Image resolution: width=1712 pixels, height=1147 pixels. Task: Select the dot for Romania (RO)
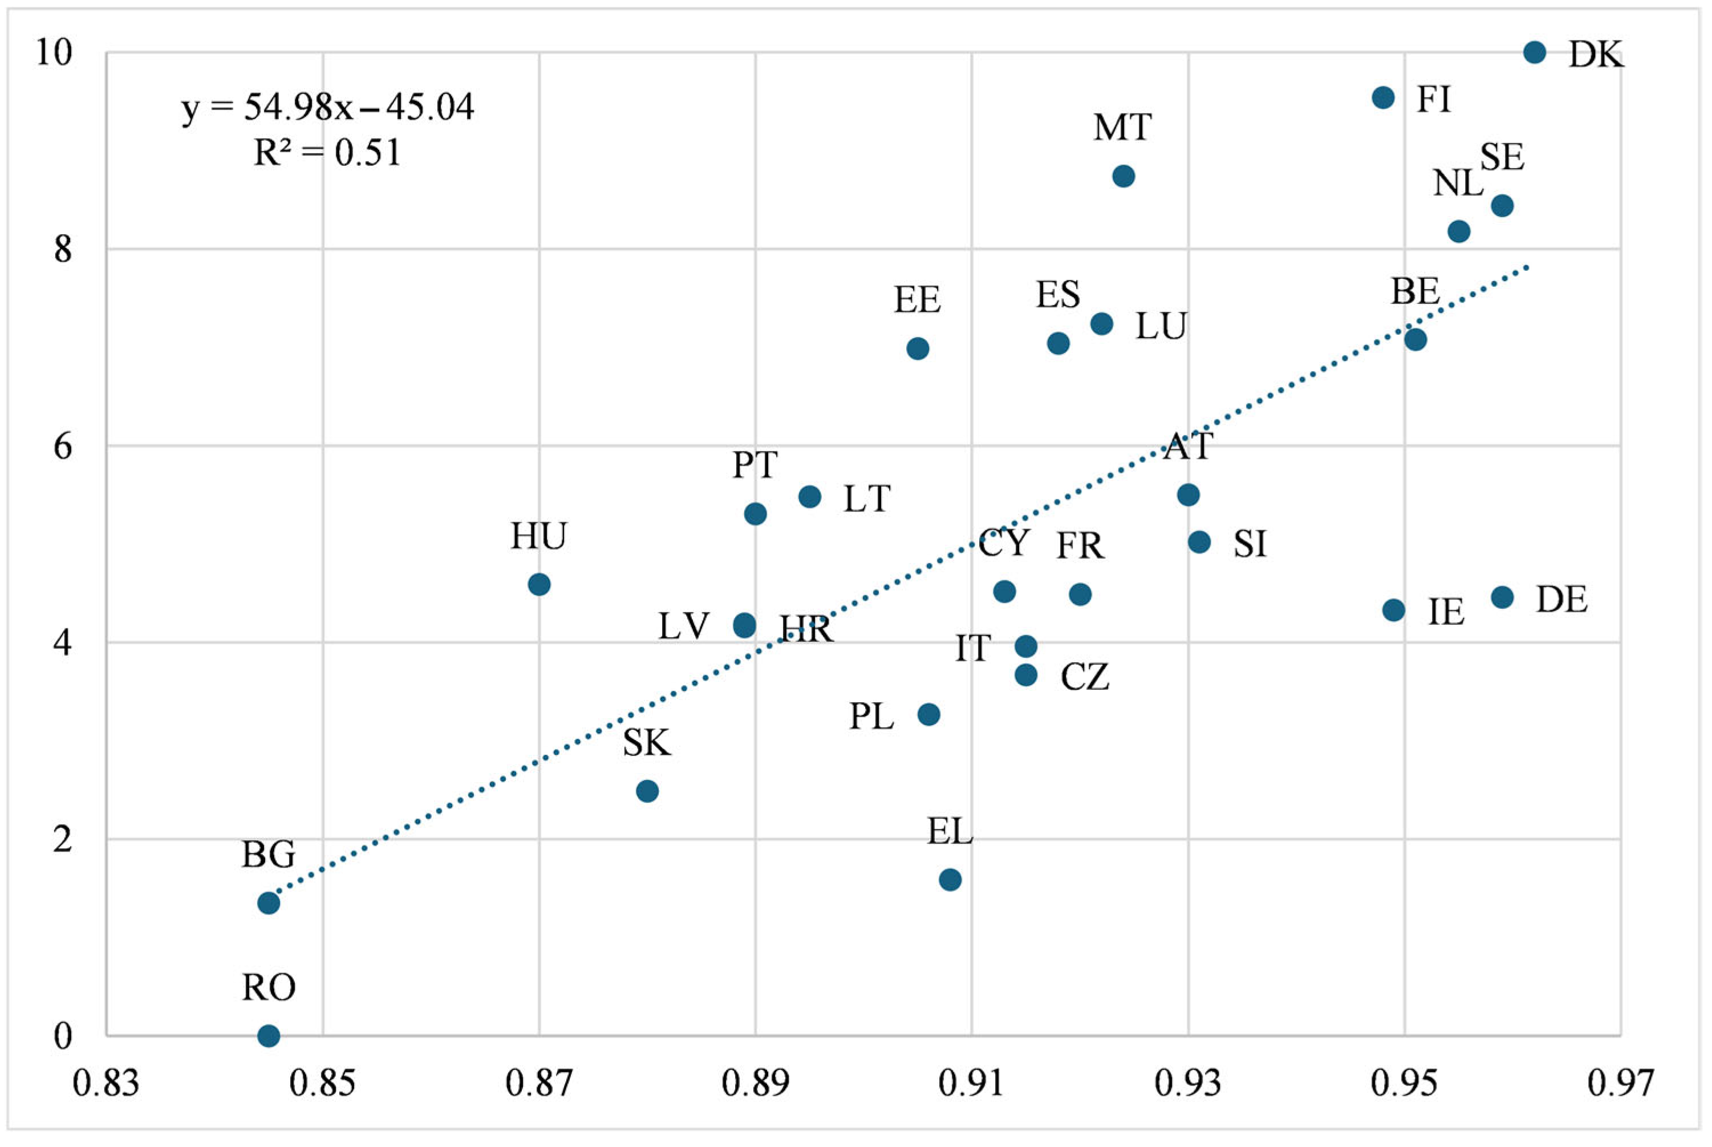pyautogui.click(x=269, y=1035)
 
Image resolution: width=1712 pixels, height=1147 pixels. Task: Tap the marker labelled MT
pyautogui.click(x=1123, y=176)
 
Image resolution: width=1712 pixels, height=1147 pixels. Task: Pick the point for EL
pyautogui.click(x=950, y=879)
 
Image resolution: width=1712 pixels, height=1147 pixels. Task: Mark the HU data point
pyautogui.click(x=538, y=584)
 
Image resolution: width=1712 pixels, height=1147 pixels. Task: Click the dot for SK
pyautogui.click(x=647, y=791)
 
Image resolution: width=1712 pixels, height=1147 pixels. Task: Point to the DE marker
pyautogui.click(x=1502, y=597)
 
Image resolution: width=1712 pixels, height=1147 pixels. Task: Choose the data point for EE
pyautogui.click(x=918, y=349)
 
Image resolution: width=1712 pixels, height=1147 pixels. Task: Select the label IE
pyautogui.click(x=1446, y=612)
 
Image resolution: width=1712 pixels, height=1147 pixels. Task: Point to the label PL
pyautogui.click(x=871, y=717)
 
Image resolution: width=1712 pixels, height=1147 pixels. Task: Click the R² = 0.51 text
pyautogui.click(x=327, y=153)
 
